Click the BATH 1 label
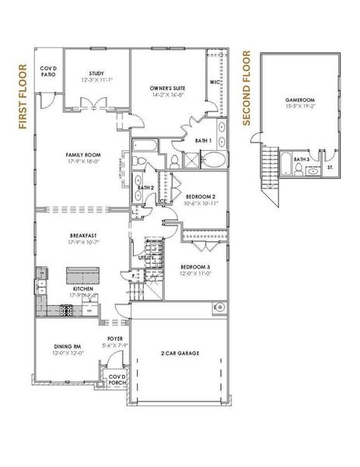[203, 140]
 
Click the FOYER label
[114, 339]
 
